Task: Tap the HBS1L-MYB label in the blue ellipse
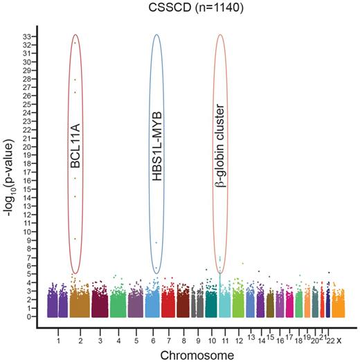click(x=156, y=154)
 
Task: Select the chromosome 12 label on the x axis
click(x=240, y=341)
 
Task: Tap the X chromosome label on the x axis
click(x=339, y=339)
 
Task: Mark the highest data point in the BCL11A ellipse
click(x=75, y=43)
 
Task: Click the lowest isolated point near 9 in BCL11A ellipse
click(x=75, y=239)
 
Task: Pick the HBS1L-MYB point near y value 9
click(x=156, y=242)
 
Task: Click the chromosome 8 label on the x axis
click(x=183, y=341)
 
